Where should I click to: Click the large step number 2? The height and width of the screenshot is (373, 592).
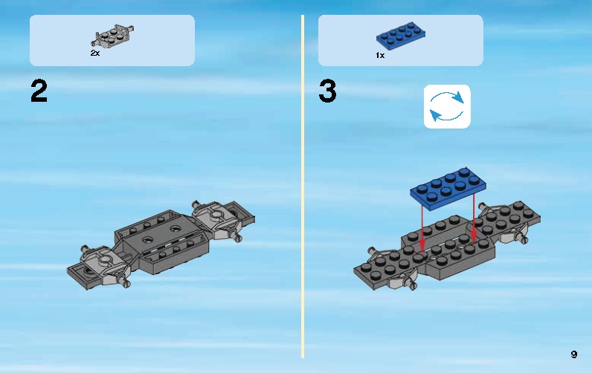[x=39, y=91]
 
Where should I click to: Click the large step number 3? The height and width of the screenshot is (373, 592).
[x=327, y=92]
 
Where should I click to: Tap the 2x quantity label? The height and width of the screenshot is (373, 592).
[x=95, y=54]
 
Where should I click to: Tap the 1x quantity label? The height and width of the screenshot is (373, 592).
[x=379, y=56]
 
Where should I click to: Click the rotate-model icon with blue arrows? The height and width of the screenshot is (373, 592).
[x=447, y=106]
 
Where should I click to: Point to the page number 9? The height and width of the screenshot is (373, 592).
[x=573, y=354]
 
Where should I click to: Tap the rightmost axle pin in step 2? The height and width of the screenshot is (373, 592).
[x=239, y=237]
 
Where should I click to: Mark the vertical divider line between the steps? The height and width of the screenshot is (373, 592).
[x=303, y=186]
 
